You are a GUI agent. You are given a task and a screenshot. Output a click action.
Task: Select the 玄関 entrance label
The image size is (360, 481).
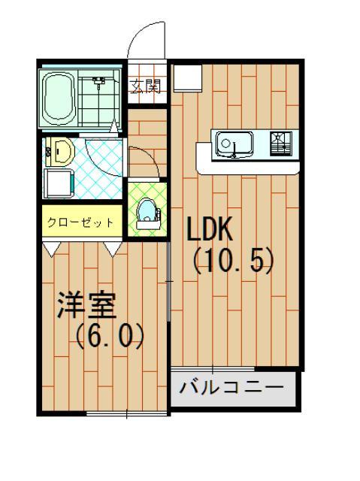point(147,86)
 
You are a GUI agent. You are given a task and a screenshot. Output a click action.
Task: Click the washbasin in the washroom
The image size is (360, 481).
point(59,153)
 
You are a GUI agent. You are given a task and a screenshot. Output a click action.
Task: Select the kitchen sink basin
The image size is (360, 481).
point(235,143)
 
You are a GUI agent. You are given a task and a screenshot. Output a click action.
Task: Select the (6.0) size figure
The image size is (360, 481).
point(110,334)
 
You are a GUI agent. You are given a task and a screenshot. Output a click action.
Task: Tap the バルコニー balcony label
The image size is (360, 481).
point(231,389)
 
